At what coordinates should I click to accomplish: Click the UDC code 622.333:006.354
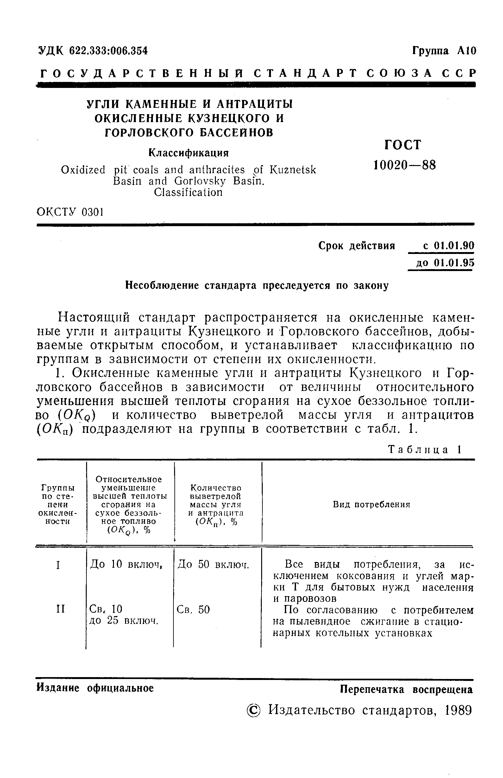point(109,51)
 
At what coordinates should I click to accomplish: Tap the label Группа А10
point(444,51)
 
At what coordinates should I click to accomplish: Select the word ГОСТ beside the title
point(403,145)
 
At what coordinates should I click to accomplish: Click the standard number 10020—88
point(404,165)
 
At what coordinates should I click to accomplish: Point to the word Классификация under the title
point(188,153)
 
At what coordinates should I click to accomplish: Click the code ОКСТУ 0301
point(70,213)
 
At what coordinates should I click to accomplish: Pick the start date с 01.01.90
point(448,245)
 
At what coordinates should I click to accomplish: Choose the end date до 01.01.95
point(444,263)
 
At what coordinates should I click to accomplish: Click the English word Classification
point(188,193)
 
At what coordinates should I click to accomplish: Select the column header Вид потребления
point(371,505)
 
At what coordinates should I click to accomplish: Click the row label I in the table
point(58,565)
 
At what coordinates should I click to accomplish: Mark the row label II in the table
point(60,608)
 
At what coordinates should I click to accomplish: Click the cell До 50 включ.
point(213,564)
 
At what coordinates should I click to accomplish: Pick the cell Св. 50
point(193,609)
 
